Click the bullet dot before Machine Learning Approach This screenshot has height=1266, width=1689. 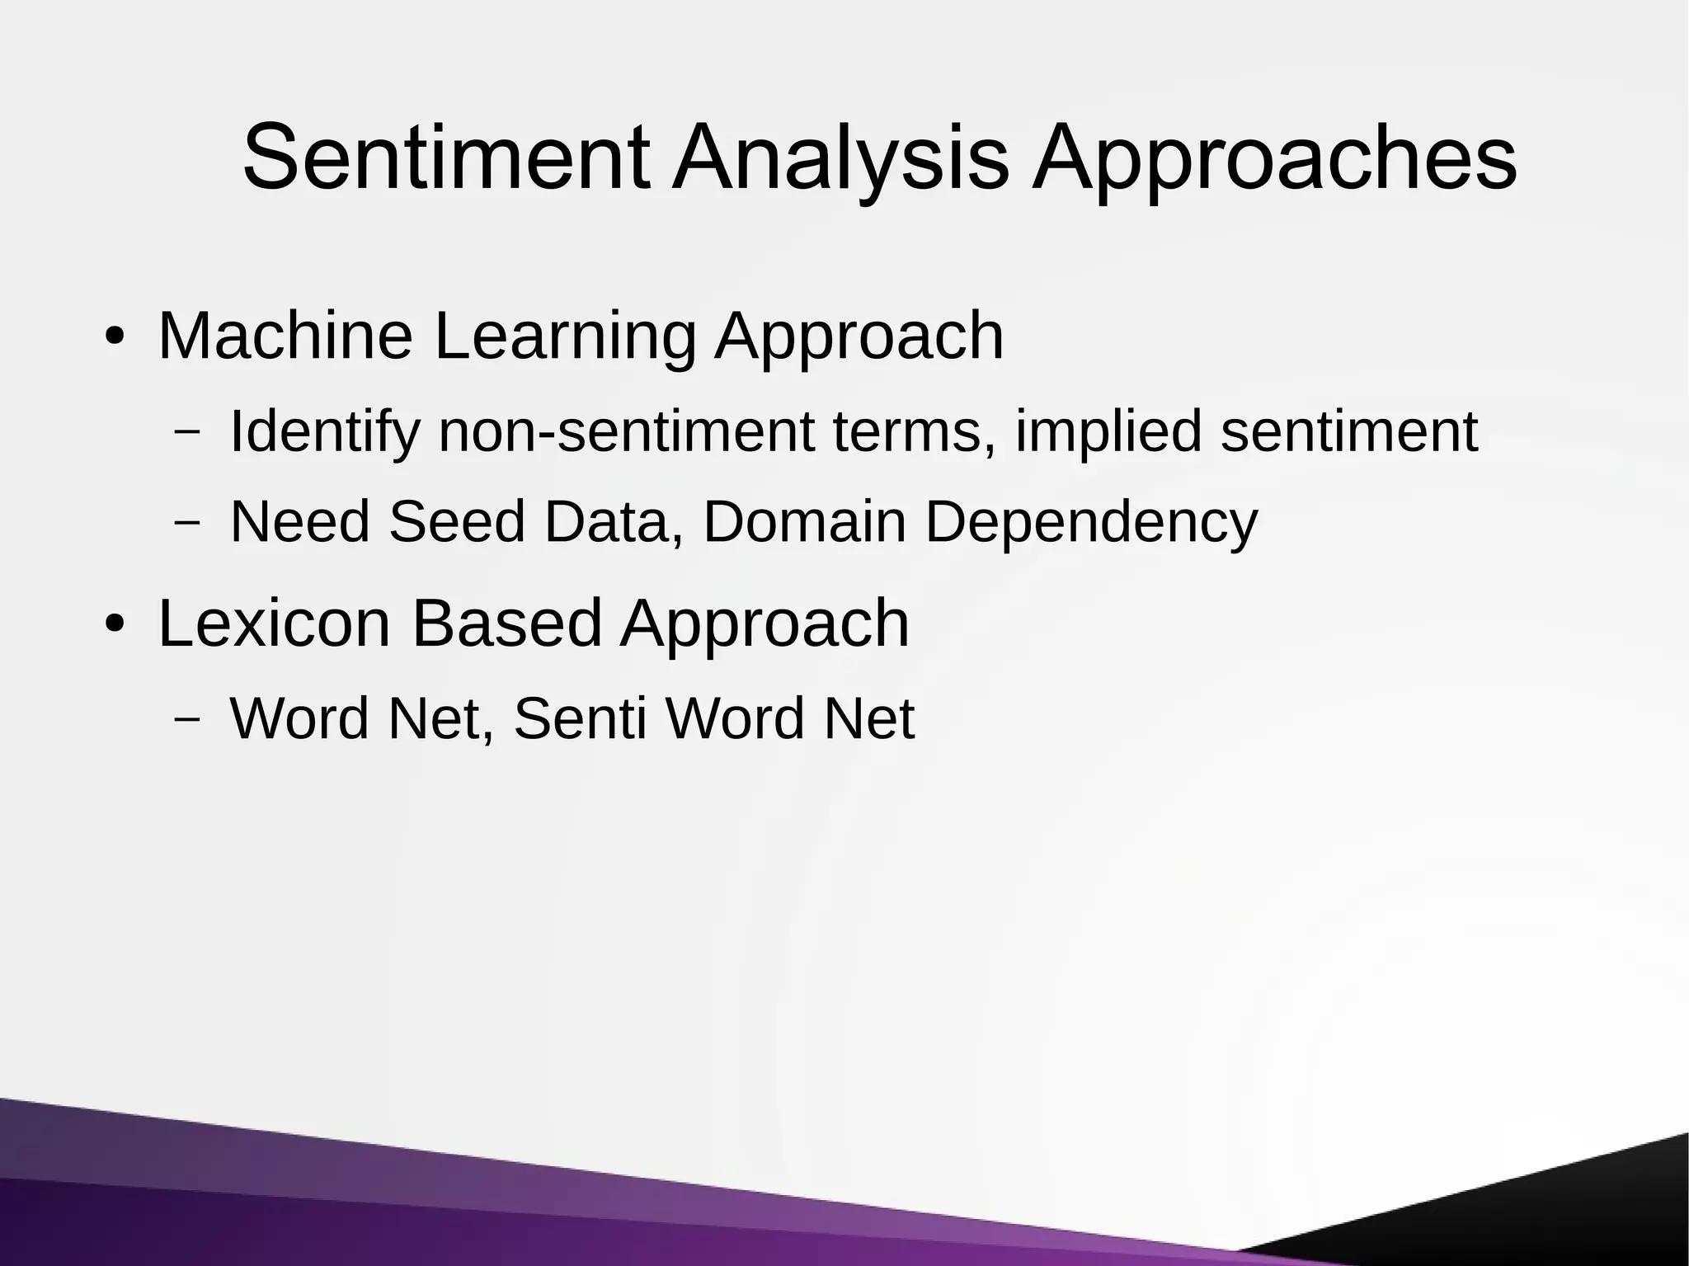(x=114, y=337)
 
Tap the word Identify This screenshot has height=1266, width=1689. (x=324, y=432)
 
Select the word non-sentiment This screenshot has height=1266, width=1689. (x=626, y=432)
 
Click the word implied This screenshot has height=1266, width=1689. (x=1108, y=432)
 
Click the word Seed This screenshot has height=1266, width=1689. (x=456, y=521)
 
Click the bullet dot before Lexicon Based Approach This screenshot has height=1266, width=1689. (x=114, y=624)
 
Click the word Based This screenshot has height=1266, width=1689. (x=506, y=623)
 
